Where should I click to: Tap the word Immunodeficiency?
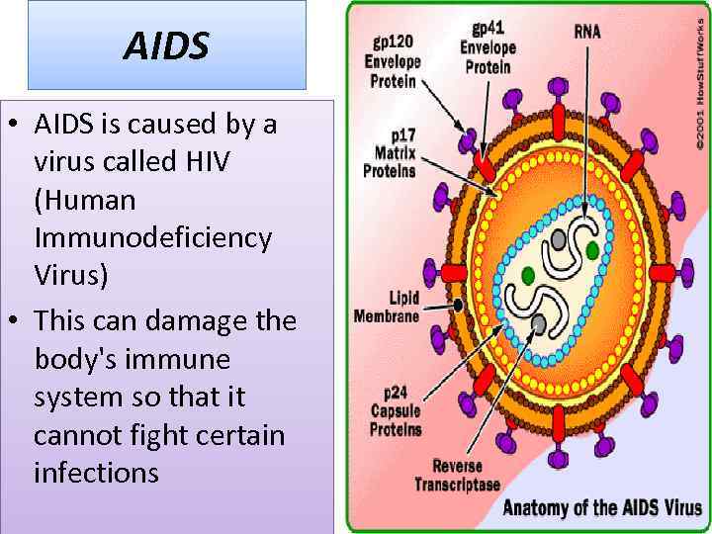152,237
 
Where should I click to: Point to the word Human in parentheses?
84,200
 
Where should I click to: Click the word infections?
96,473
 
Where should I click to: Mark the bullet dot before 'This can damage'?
18,320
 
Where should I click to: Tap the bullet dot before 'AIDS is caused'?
18,126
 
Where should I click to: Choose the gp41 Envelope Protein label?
488,47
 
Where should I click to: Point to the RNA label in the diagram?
587,32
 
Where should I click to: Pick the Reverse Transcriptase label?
457,475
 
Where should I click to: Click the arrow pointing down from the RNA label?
588,129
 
